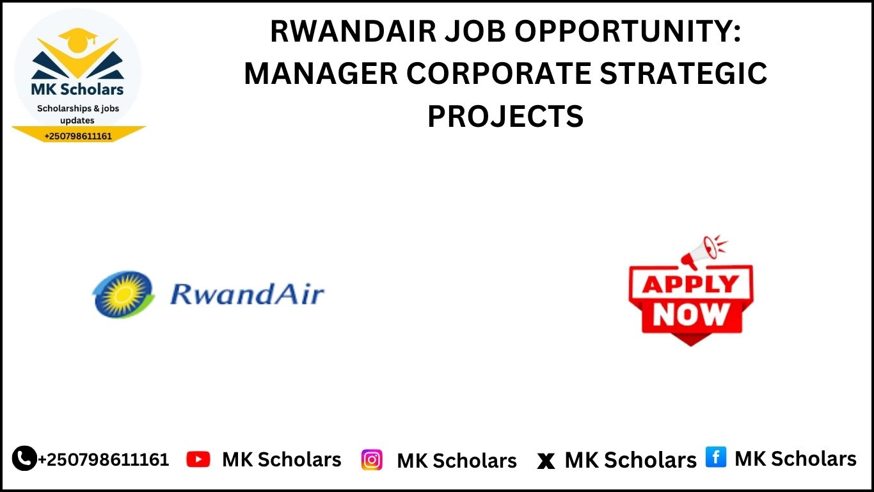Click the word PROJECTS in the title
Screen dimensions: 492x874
click(505, 116)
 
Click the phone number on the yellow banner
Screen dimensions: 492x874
click(78, 136)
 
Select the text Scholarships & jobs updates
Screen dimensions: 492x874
click(77, 114)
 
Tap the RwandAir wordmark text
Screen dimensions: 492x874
click(247, 294)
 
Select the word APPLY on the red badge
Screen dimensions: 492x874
click(690, 284)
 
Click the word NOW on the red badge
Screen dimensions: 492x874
click(691, 314)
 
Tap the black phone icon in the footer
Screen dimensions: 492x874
click(24, 458)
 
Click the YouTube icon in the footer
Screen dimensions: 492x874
click(198, 459)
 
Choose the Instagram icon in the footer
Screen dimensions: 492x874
click(372, 459)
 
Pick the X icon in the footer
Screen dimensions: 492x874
click(546, 461)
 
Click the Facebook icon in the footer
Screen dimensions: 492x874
click(716, 457)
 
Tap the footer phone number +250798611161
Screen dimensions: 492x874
click(104, 459)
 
